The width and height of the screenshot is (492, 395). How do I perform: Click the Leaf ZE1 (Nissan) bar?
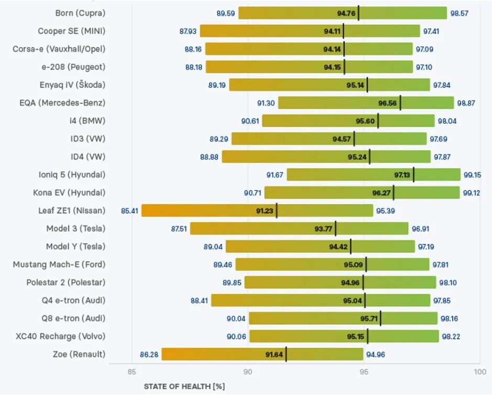click(257, 210)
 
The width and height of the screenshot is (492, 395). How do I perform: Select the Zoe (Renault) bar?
click(263, 354)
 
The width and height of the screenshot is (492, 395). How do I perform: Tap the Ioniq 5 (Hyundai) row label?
click(72, 175)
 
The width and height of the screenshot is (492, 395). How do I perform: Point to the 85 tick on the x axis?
click(132, 372)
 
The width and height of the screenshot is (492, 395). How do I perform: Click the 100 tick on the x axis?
click(480, 372)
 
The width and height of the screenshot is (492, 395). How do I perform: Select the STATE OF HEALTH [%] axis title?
click(184, 387)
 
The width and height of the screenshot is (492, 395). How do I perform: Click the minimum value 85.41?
click(129, 211)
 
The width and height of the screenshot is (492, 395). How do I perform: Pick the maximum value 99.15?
click(472, 175)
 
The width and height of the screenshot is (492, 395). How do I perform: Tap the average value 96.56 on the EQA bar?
click(388, 103)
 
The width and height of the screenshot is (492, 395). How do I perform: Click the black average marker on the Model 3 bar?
click(335, 229)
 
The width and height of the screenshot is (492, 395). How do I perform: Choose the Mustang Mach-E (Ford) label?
click(59, 264)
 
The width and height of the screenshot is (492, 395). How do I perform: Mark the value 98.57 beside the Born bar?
click(460, 14)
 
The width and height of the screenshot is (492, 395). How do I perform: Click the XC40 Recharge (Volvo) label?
click(61, 336)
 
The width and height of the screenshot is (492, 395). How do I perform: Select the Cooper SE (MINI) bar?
click(310, 31)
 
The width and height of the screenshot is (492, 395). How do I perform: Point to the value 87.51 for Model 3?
click(179, 229)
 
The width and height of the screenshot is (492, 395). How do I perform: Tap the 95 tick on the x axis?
click(364, 372)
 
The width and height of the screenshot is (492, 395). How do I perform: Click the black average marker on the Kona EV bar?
click(393, 193)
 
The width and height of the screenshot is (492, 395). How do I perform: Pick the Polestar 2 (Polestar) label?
click(66, 283)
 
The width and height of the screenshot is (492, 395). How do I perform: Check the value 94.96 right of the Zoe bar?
click(376, 355)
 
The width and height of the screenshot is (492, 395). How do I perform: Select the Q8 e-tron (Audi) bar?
click(343, 318)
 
